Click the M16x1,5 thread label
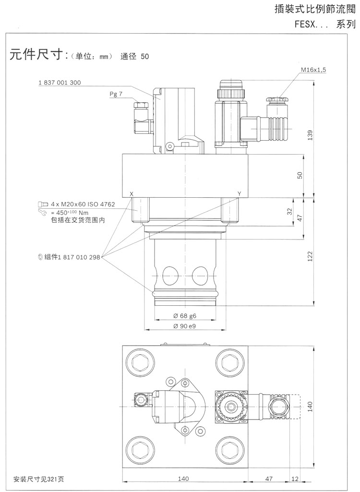pyautogui.click(x=313, y=70)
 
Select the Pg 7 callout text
pyautogui.click(x=116, y=95)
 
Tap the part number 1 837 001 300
pyautogui.click(x=60, y=83)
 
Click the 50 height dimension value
pyautogui.click(x=300, y=175)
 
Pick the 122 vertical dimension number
pyautogui.click(x=311, y=255)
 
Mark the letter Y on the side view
pyautogui.click(x=239, y=193)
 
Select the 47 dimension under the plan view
pyautogui.click(x=269, y=479)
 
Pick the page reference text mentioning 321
pyautogui.click(x=38, y=479)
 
